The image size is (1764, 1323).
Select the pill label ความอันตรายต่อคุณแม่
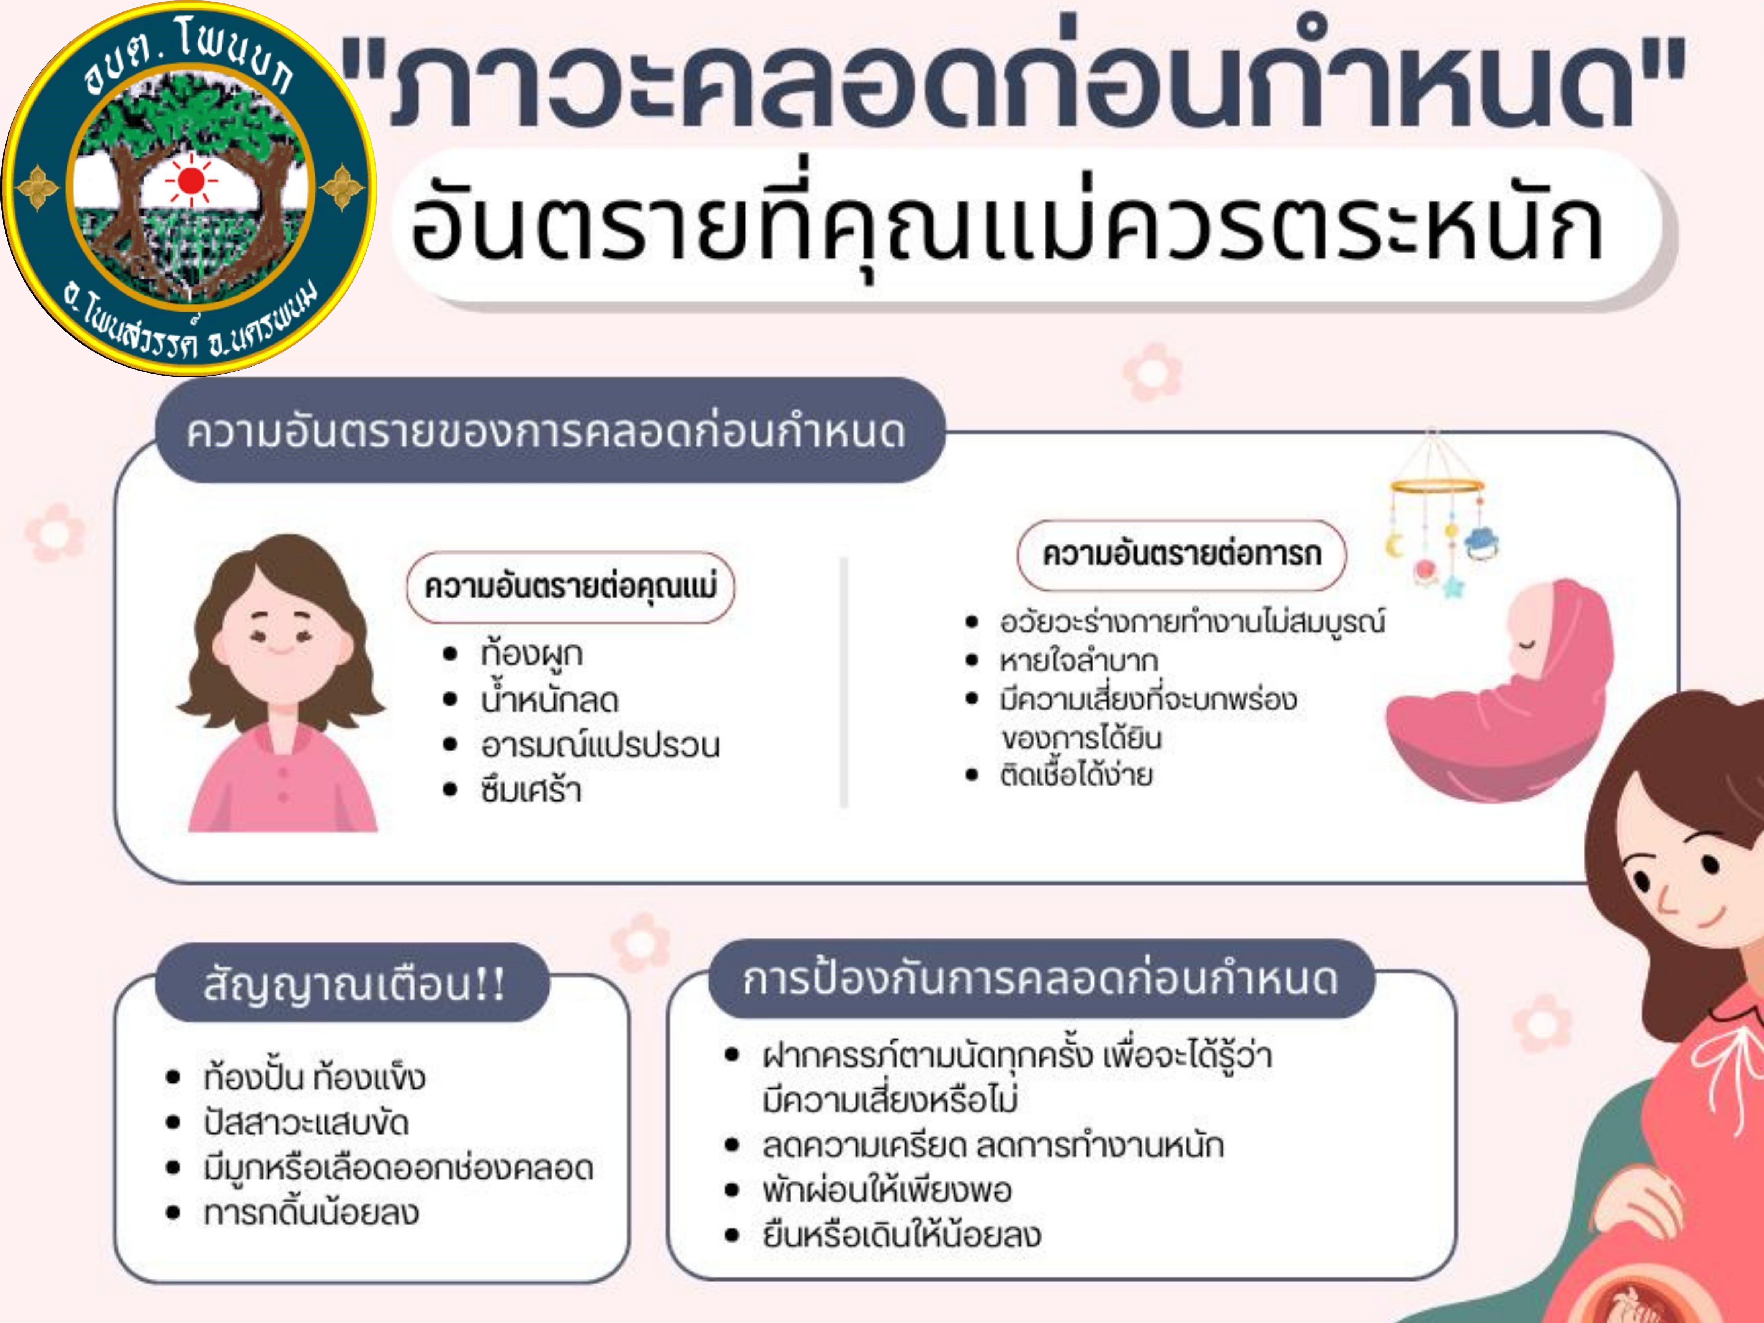click(570, 587)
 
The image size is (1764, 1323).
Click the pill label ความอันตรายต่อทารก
click(1181, 554)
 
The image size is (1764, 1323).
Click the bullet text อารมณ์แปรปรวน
click(600, 745)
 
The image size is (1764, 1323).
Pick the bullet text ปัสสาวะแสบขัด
click(305, 1123)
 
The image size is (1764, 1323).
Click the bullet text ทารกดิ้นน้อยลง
click(311, 1212)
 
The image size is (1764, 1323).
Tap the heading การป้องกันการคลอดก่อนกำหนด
click(1040, 979)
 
